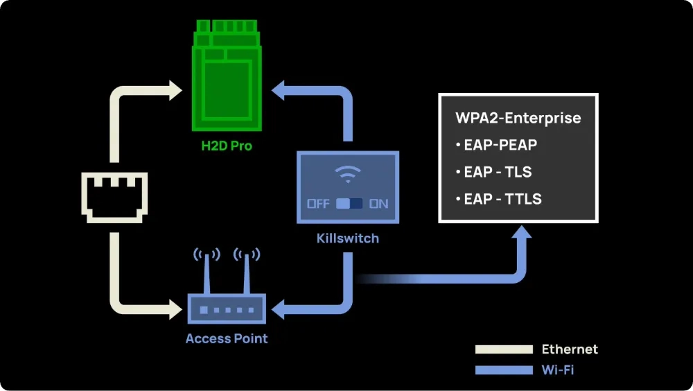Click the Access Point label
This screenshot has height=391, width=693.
pyautogui.click(x=227, y=338)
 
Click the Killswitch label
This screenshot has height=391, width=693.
pyautogui.click(x=348, y=238)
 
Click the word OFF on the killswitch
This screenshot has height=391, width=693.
pyautogui.click(x=319, y=204)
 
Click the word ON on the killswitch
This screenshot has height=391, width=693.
pyautogui.click(x=378, y=204)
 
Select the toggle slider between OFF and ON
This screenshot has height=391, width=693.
pyautogui.click(x=349, y=204)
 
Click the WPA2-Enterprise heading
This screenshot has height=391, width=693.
pyautogui.click(x=518, y=118)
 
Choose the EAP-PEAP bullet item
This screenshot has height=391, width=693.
pyautogui.click(x=496, y=146)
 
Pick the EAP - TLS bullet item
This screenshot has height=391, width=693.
pyautogui.click(x=493, y=173)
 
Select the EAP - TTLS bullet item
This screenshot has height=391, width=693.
pyautogui.click(x=498, y=199)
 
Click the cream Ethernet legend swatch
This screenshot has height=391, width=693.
pyautogui.click(x=502, y=349)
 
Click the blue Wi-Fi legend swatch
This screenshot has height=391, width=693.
pyautogui.click(x=502, y=370)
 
